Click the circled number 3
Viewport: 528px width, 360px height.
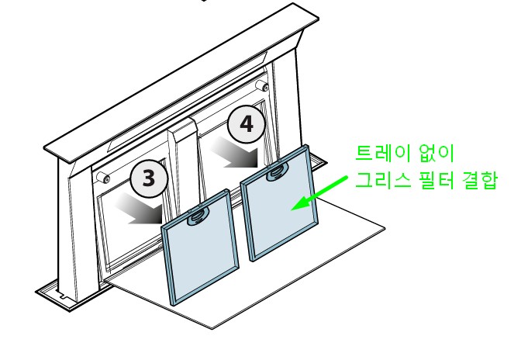pos(149,178)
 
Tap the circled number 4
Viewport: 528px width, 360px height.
pos(247,124)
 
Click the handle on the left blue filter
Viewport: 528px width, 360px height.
pos(198,216)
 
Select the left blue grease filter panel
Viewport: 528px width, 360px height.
pos(200,247)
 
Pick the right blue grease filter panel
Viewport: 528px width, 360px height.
pos(279,203)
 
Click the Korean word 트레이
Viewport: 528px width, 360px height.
pos(383,154)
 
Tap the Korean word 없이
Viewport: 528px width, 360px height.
pos(436,154)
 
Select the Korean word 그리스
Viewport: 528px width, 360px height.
pos(383,180)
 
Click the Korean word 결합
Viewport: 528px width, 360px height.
pos(479,180)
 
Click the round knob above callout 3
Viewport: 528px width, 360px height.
pos(102,177)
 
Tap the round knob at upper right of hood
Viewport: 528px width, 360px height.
pos(262,85)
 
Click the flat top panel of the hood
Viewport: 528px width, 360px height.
pos(182,83)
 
